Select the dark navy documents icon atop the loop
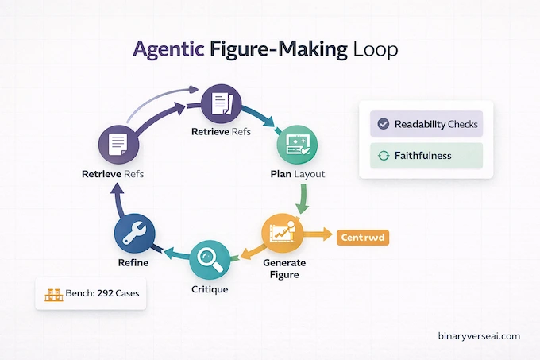click(x=220, y=103)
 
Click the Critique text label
click(x=210, y=289)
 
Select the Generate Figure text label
click(x=283, y=269)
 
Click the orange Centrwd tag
click(x=363, y=237)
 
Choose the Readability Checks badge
click(x=426, y=124)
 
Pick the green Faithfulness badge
click(x=426, y=156)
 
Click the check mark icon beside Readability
click(x=384, y=124)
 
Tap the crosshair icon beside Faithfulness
click(x=384, y=156)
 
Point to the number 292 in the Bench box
click(x=106, y=293)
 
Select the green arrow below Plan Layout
click(x=302, y=197)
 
